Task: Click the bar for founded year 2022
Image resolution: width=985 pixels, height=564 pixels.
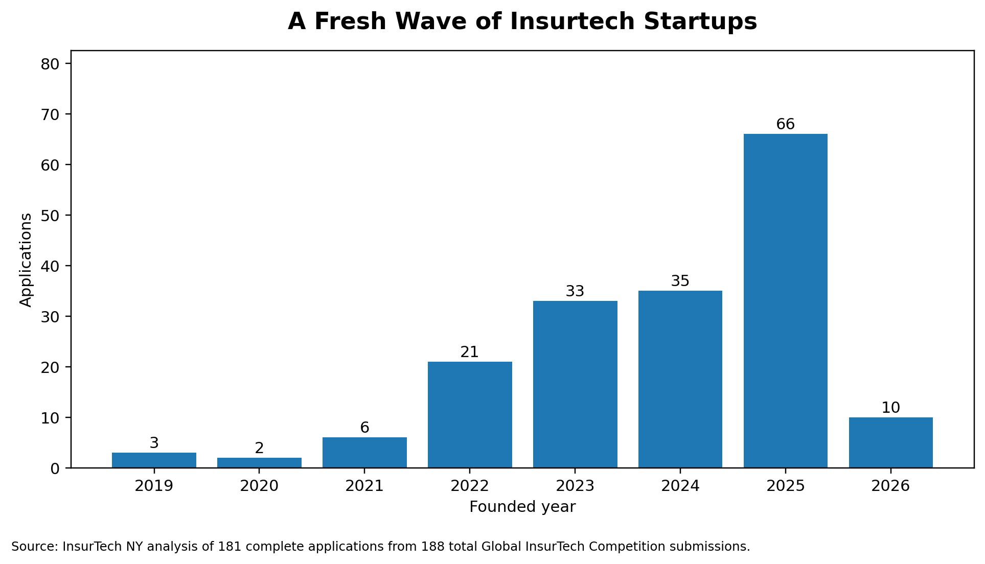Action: pyautogui.click(x=470, y=414)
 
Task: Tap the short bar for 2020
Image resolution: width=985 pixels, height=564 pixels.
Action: pyautogui.click(x=259, y=463)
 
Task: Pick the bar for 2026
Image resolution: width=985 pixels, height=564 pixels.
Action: pyautogui.click(x=890, y=442)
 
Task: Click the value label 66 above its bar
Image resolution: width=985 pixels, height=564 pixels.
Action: pyautogui.click(x=785, y=124)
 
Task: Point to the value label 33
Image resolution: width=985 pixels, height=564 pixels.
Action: pyautogui.click(x=575, y=291)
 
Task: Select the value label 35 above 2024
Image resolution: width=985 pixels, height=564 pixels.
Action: pyautogui.click(x=680, y=281)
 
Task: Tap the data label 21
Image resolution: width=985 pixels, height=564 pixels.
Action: pyautogui.click(x=469, y=352)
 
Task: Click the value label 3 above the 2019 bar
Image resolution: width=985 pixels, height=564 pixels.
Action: pyautogui.click(x=154, y=443)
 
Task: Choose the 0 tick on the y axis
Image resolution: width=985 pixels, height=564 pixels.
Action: pyautogui.click(x=55, y=468)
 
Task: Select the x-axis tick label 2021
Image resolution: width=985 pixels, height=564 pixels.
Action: pyautogui.click(x=364, y=486)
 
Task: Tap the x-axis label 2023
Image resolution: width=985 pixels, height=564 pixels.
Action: pyautogui.click(x=575, y=486)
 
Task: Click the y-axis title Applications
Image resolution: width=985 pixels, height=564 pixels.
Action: pyautogui.click(x=26, y=260)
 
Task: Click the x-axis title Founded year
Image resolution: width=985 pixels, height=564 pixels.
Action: pyautogui.click(x=522, y=507)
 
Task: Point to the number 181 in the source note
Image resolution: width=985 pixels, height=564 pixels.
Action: pyautogui.click(x=228, y=547)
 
